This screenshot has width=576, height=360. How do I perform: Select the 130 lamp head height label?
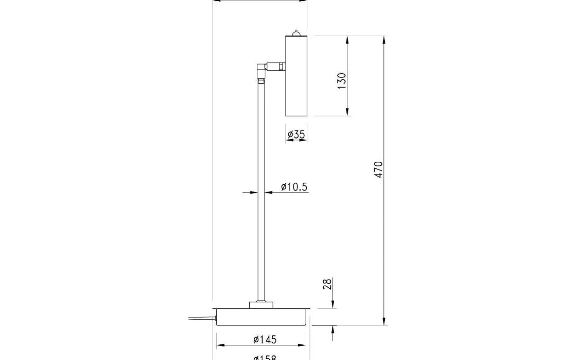[341, 81]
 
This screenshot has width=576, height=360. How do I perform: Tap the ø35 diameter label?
[296, 134]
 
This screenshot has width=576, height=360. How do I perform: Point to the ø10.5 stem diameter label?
[294, 187]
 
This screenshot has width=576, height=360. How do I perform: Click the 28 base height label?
[327, 284]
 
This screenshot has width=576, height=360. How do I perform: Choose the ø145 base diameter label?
[265, 339]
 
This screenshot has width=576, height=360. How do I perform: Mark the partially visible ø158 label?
[265, 358]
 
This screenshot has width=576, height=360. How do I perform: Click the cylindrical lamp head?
[296, 76]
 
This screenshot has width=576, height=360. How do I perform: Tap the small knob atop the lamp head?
[296, 33]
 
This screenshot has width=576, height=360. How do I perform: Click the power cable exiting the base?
[202, 318]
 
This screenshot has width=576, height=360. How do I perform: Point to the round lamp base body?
[262, 318]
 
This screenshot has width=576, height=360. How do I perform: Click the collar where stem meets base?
[261, 304]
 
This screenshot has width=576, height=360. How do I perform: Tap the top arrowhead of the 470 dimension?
[384, 39]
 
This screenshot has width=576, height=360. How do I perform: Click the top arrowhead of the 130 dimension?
[348, 39]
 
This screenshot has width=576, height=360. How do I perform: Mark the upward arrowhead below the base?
[332, 329]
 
